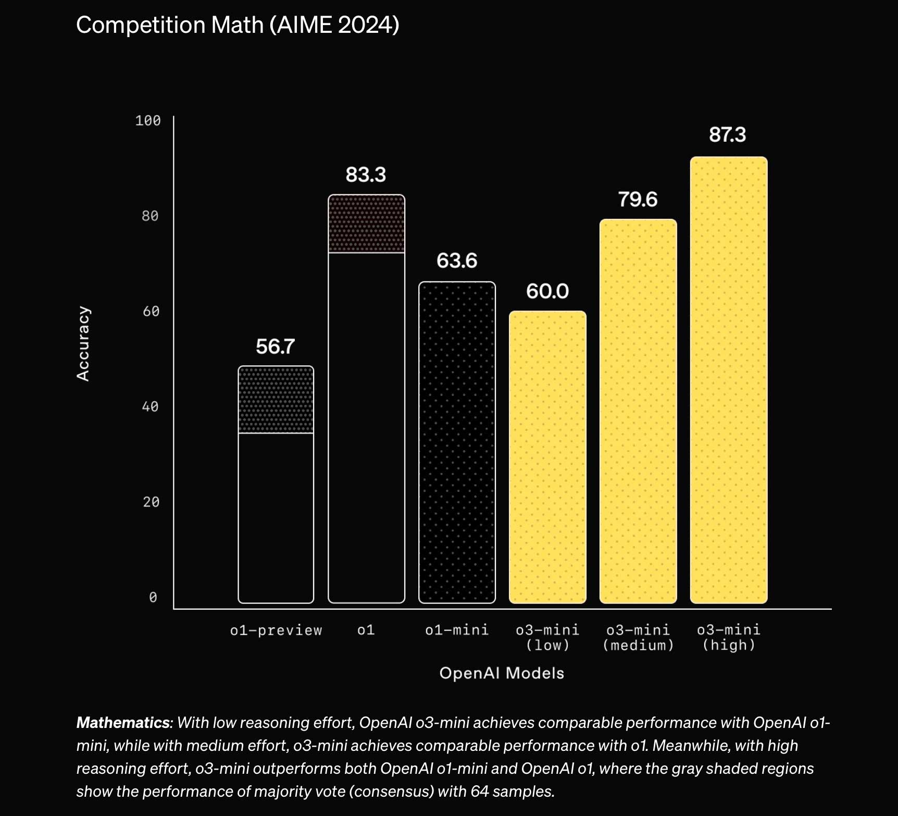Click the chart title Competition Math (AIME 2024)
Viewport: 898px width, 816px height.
click(238, 25)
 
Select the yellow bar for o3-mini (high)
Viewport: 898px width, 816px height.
click(728, 380)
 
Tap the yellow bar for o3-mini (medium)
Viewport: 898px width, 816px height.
click(638, 411)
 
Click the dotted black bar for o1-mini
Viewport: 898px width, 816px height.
click(457, 442)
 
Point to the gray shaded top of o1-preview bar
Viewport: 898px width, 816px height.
click(276, 400)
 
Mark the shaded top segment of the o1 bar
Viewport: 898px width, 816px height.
click(366, 224)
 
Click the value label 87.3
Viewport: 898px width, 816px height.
click(727, 135)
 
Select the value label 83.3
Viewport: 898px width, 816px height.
click(366, 175)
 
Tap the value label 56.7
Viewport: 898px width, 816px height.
click(275, 347)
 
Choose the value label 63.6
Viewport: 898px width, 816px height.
click(456, 261)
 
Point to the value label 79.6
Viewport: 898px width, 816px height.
click(638, 200)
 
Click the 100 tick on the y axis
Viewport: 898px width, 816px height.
click(148, 121)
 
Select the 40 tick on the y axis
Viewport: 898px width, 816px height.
click(150, 406)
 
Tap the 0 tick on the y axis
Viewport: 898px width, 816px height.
click(153, 597)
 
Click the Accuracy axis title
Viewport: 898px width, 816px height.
click(83, 343)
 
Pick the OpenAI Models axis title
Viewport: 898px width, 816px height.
click(502, 673)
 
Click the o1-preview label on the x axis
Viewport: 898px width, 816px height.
click(276, 630)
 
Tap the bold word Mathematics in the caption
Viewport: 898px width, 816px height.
click(123, 723)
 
